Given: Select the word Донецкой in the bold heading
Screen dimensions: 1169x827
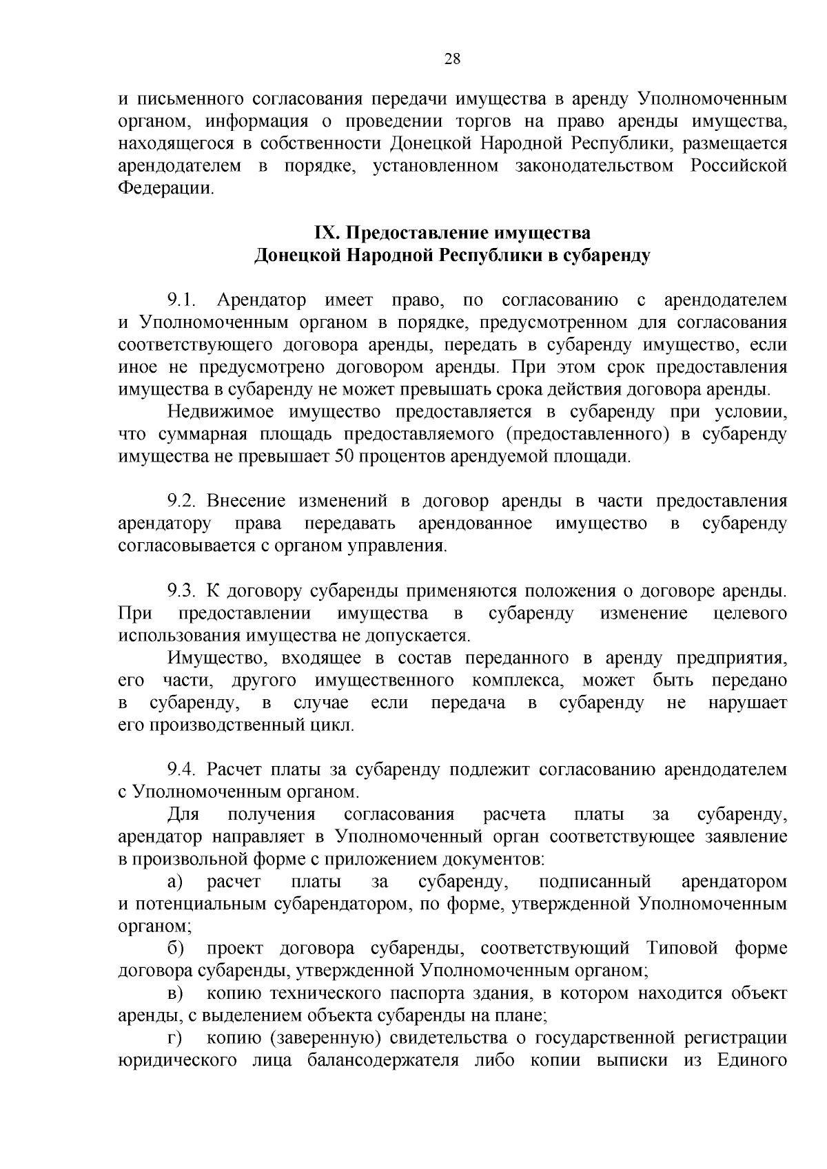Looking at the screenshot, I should click(x=296, y=256).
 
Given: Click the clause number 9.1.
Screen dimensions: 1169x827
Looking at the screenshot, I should click(x=182, y=300).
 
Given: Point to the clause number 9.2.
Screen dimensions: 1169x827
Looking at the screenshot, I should click(x=182, y=501).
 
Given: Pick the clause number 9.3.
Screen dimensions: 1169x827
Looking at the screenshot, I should click(x=182, y=591).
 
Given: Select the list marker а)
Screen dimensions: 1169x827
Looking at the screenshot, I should click(x=176, y=882).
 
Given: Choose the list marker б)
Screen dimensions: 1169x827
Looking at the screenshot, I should click(x=176, y=949).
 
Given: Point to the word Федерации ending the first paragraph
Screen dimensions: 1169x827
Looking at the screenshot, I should click(x=166, y=188).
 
